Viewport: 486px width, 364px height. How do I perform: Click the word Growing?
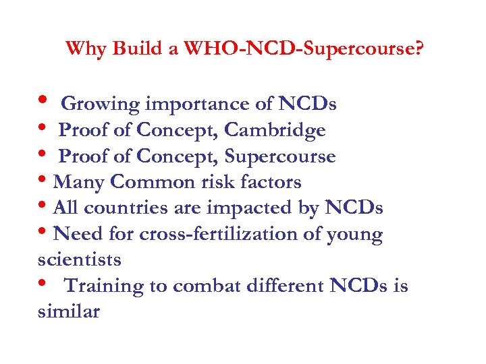101,104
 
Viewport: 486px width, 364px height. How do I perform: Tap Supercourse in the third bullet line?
280,156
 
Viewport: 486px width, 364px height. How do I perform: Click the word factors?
271,182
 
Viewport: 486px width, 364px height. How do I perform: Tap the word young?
356,235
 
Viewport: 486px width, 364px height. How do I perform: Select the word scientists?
80,260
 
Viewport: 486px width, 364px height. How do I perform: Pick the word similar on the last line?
69,311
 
